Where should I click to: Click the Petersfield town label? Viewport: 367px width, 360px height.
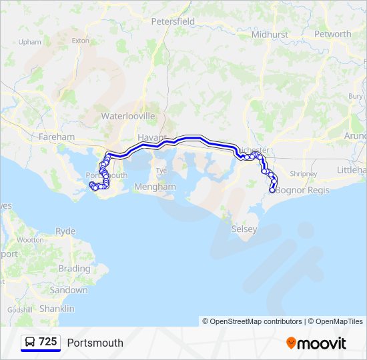[x=173, y=21]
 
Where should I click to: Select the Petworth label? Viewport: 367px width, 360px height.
[x=332, y=34]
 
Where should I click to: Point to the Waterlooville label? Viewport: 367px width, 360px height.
[x=127, y=115]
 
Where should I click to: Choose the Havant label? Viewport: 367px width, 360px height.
[x=151, y=137]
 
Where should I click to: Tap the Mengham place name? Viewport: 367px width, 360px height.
[x=155, y=187]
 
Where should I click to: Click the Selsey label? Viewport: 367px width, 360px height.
[x=244, y=229]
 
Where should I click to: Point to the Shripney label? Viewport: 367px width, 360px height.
[x=304, y=173]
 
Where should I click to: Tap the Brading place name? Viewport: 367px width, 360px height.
[x=74, y=269]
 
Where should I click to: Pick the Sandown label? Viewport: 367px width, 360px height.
[x=68, y=291]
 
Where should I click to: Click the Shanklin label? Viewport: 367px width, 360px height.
[x=57, y=309]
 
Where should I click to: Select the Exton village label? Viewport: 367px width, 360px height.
[x=80, y=41]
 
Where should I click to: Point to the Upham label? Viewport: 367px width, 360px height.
[x=30, y=41]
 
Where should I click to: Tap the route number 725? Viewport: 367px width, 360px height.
[x=47, y=342]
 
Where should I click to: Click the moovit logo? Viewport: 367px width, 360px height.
[x=316, y=343]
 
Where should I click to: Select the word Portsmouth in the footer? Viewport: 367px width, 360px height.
[x=95, y=343]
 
